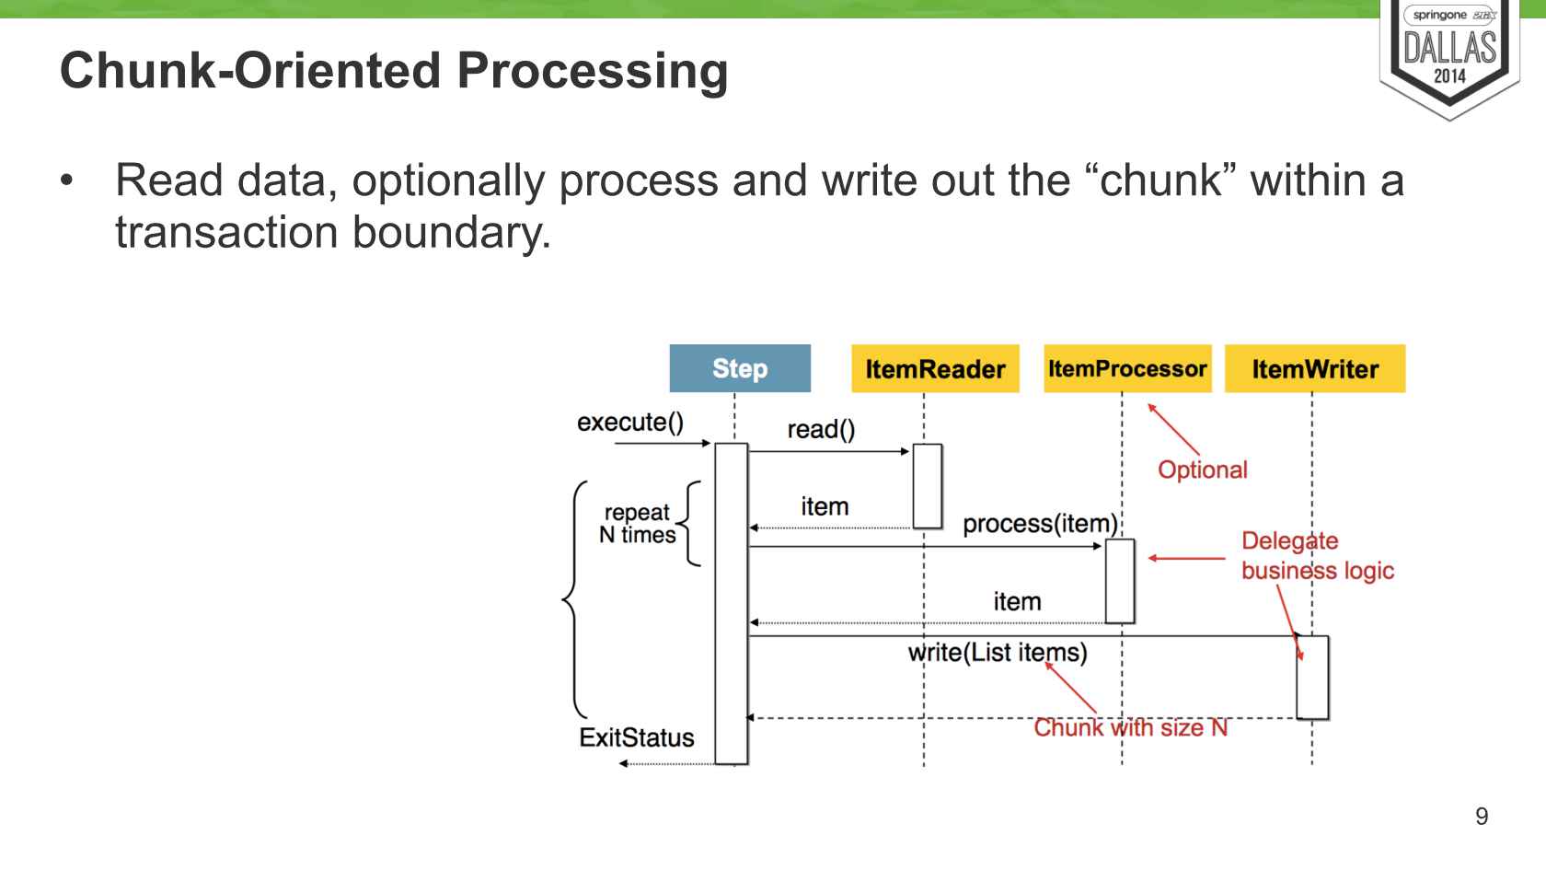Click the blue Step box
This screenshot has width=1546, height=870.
740,368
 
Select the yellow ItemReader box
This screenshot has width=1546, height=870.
935,369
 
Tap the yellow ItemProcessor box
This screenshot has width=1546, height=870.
1127,369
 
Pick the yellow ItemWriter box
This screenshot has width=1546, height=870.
1315,369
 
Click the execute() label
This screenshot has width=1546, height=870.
630,423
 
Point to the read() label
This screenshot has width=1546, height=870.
821,430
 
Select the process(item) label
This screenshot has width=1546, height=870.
1040,524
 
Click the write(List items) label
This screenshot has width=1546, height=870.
998,653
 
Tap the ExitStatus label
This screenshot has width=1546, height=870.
637,737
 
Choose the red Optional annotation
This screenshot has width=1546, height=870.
1203,470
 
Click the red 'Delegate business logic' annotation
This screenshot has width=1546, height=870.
1317,556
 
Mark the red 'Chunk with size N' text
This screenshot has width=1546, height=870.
1131,728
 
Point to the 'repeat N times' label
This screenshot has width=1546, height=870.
638,524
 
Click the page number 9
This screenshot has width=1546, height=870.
1482,817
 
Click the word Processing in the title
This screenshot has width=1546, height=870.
593,71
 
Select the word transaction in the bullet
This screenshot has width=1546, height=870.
226,232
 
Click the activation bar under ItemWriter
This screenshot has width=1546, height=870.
1312,677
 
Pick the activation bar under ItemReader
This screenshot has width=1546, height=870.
928,486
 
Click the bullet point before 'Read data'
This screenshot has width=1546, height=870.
66,180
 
